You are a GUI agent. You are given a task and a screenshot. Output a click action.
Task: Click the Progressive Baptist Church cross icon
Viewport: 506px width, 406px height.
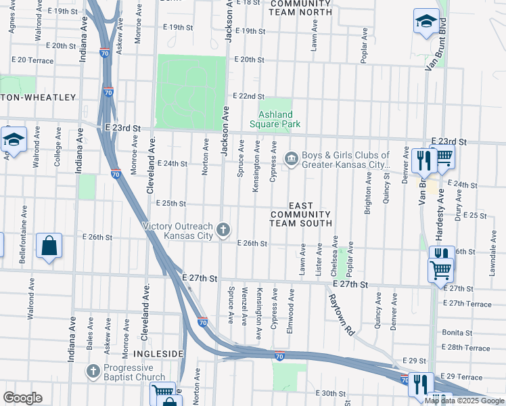point(93,371)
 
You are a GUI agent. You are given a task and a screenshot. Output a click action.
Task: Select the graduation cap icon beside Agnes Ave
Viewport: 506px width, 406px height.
point(13,139)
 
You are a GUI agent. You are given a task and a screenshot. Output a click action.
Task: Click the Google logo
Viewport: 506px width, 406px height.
point(22,397)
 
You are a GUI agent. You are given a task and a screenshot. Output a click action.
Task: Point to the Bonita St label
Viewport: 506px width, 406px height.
point(456,333)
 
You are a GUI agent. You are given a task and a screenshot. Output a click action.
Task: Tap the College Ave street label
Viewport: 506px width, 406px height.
point(57,154)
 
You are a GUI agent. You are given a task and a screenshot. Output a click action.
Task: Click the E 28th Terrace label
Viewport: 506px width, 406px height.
point(464,348)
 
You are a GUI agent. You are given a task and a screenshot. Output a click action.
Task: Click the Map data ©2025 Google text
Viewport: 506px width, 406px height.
point(464,401)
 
